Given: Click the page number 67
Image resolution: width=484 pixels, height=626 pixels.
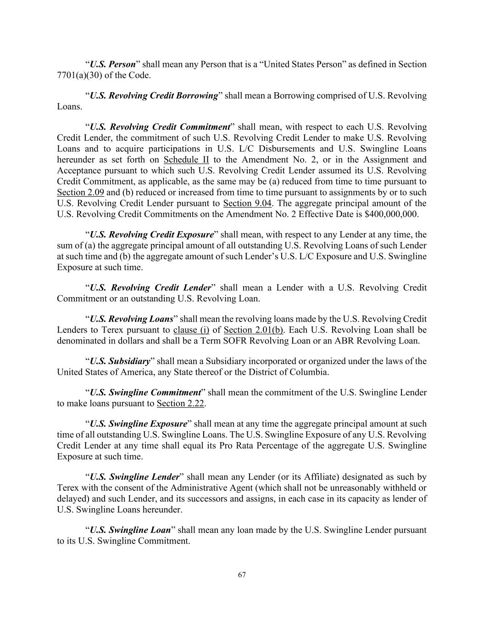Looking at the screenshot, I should click(242, 575).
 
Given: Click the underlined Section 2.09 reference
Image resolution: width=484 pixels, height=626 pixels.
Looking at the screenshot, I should click(80, 193).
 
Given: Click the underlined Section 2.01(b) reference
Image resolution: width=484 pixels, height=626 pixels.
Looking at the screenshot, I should click(253, 330).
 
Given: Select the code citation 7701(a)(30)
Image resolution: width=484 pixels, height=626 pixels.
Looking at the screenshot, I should click(76, 75).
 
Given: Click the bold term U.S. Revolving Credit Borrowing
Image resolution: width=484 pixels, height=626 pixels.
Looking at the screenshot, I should click(153, 96).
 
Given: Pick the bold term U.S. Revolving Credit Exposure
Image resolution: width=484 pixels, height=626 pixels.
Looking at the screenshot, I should click(151, 235).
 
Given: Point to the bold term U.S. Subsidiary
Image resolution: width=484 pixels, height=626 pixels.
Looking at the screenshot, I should click(120, 361).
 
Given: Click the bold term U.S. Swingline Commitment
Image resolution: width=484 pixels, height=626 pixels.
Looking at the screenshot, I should click(145, 393).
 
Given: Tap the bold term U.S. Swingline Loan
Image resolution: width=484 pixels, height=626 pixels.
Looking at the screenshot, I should click(130, 530).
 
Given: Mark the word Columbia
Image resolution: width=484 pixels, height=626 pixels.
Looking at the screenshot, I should click(309, 372).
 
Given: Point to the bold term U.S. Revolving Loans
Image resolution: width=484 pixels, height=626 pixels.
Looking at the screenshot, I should click(131, 319).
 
